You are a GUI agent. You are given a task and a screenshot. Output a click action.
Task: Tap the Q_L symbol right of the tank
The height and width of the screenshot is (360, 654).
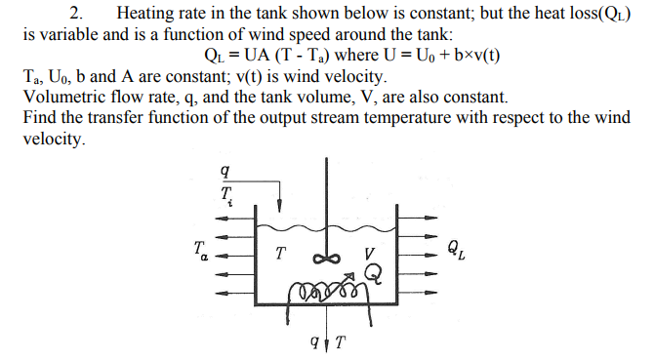(456, 250)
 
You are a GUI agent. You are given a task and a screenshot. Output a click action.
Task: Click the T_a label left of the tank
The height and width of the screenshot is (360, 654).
(201, 251)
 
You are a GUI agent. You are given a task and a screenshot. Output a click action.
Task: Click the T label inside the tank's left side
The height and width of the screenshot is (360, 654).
(281, 253)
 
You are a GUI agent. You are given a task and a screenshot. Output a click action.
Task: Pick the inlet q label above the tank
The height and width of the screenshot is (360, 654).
(226, 172)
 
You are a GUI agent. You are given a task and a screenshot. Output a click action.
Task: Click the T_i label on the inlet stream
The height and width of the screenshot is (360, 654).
(227, 195)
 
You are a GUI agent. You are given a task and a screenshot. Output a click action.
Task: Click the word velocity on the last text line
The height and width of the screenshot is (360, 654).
(55, 139)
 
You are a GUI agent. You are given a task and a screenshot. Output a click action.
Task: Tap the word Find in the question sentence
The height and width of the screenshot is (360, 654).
(41, 118)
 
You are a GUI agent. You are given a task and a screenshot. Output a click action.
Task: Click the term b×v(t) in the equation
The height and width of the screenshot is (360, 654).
(470, 56)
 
